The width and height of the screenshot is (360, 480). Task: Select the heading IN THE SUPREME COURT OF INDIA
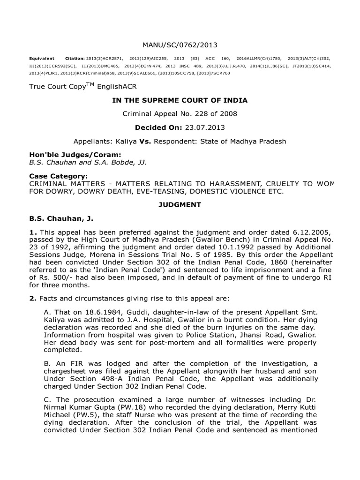pyautogui.click(x=180, y=100)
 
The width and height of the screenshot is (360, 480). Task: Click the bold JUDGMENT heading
pyautogui.click(x=180, y=205)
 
